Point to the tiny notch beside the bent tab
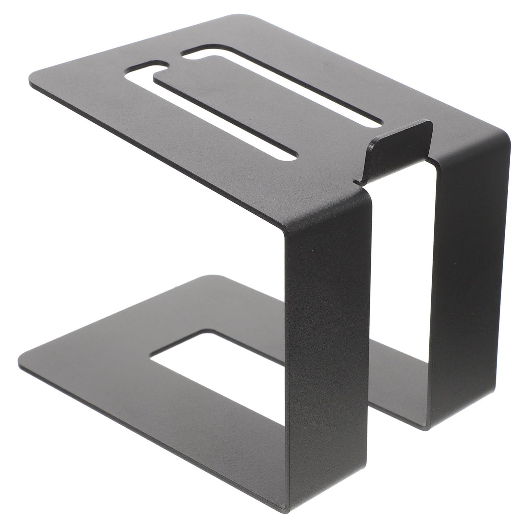pyautogui.click(x=356, y=181)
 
